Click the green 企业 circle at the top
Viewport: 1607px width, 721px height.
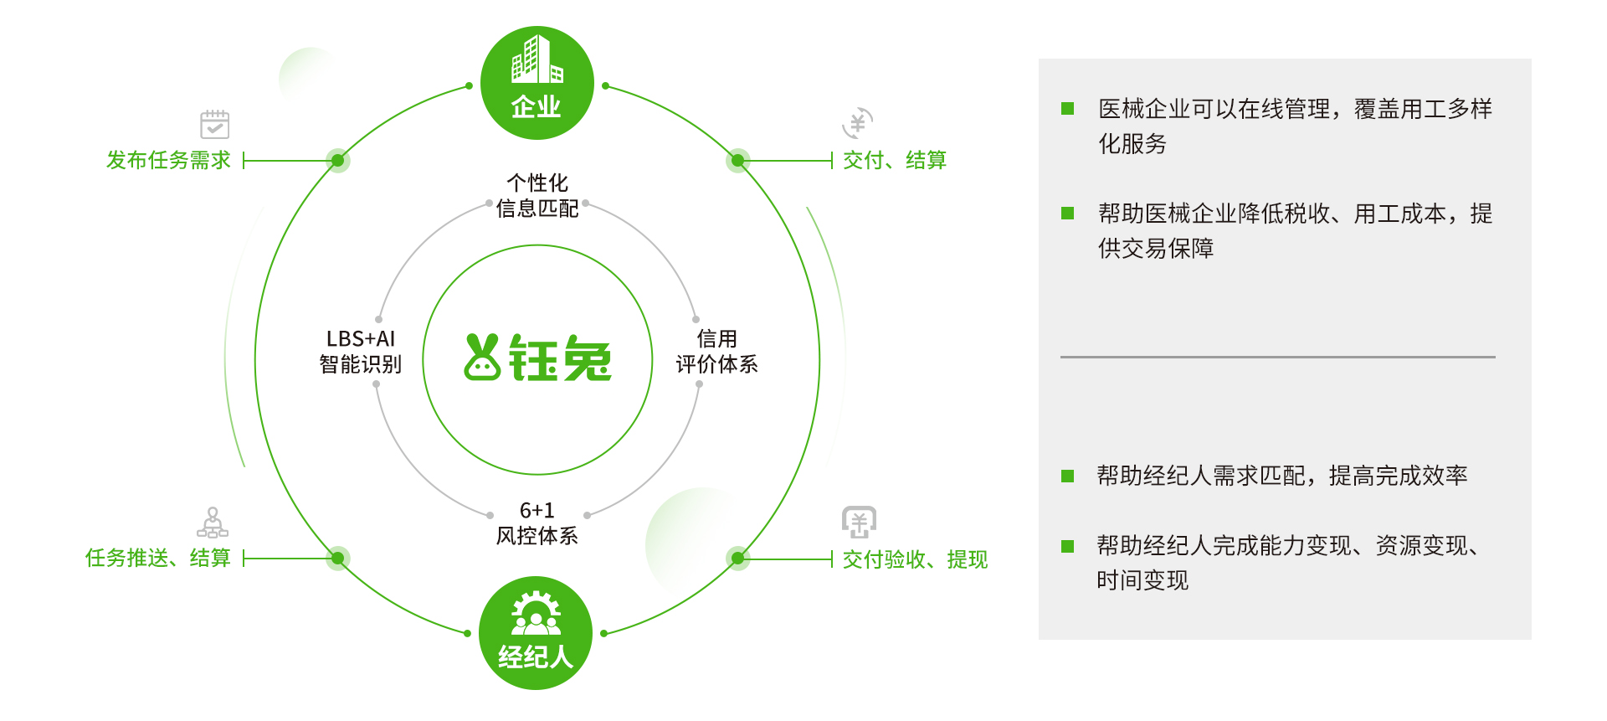pyautogui.click(x=537, y=83)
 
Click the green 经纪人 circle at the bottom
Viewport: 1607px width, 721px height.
pyautogui.click(x=536, y=633)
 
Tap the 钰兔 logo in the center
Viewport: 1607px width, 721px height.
pyautogui.click(x=538, y=358)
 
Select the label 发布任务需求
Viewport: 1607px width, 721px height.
pyautogui.click(x=168, y=160)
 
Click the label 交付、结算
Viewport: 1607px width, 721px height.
pyautogui.click(x=895, y=160)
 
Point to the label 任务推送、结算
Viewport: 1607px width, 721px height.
pyautogui.click(x=158, y=558)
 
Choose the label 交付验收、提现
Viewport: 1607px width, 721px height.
pyautogui.click(x=915, y=559)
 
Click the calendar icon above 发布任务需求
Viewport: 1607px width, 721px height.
pyautogui.click(x=215, y=124)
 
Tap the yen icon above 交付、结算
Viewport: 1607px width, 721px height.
pyautogui.click(x=858, y=123)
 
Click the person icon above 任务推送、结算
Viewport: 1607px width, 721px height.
pyautogui.click(x=213, y=522)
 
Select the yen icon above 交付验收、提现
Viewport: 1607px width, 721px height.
pyautogui.click(x=859, y=523)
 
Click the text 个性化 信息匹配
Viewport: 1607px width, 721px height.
pyautogui.click(x=537, y=196)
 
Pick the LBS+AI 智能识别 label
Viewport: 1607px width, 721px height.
pyautogui.click(x=361, y=352)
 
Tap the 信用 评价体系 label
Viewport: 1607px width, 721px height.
pyautogui.click(x=716, y=352)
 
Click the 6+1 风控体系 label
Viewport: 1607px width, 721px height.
pyautogui.click(x=537, y=523)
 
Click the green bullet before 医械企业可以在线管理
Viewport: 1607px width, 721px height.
pyautogui.click(x=1067, y=108)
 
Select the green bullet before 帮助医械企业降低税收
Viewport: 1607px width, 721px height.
pyautogui.click(x=1067, y=213)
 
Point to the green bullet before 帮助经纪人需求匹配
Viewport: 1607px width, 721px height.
pyautogui.click(x=1067, y=476)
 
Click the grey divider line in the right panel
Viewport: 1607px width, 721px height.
pyautogui.click(x=1278, y=357)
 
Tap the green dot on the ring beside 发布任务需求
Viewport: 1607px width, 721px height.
pyautogui.click(x=337, y=160)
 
